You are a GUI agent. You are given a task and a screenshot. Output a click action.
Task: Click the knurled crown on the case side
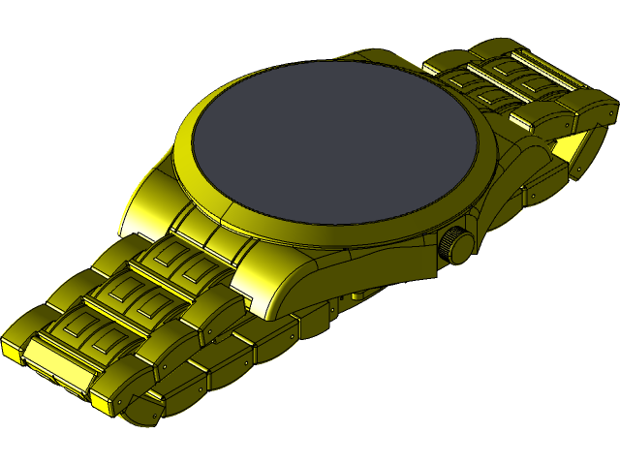[x=456, y=243]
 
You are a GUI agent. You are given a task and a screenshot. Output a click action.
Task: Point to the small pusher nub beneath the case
[x=358, y=293]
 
